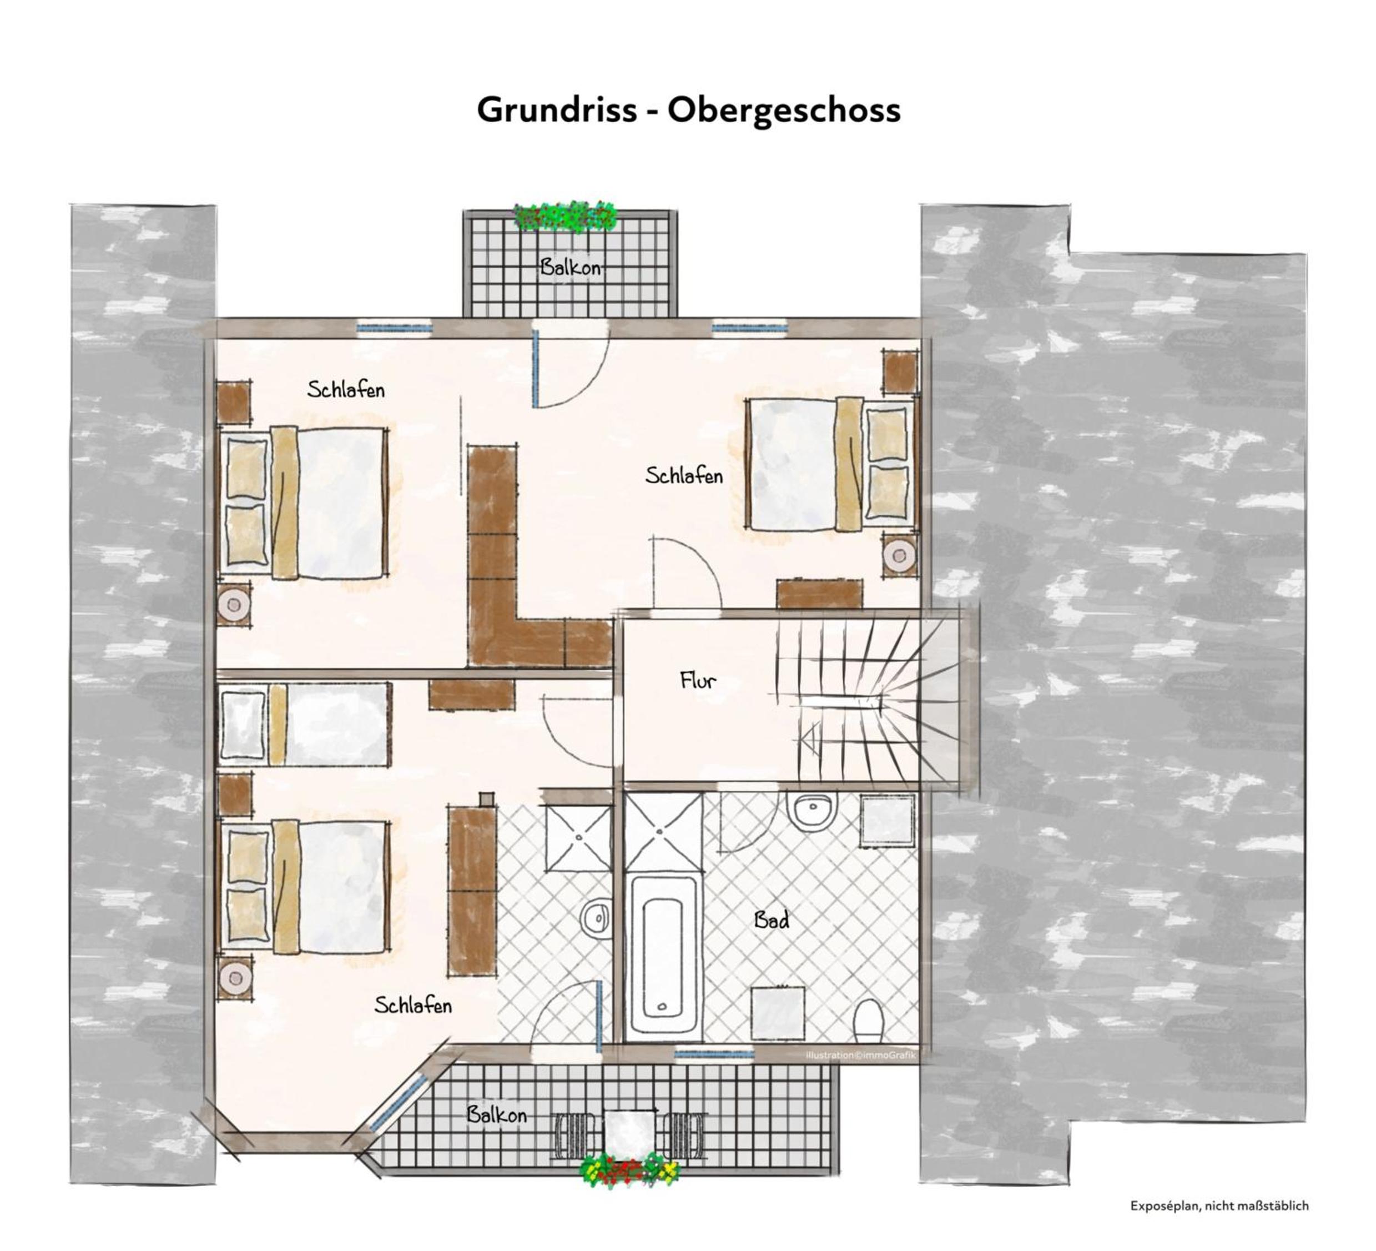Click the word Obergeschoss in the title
pyautogui.click(x=784, y=110)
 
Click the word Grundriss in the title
pyautogui.click(x=557, y=109)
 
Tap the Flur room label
pyautogui.click(x=698, y=680)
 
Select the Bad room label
pyautogui.click(x=772, y=920)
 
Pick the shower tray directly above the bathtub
pyautogui.click(x=663, y=832)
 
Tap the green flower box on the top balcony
pyautogui.click(x=565, y=216)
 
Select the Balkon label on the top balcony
pyautogui.click(x=571, y=267)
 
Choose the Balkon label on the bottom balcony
pyautogui.click(x=496, y=1115)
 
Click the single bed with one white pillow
pyautogui.click(x=304, y=723)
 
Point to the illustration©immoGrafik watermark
pyautogui.click(x=861, y=1055)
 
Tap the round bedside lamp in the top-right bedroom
pyautogui.click(x=900, y=553)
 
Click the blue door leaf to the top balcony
pyautogui.click(x=537, y=368)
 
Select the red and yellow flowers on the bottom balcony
pyautogui.click(x=629, y=1173)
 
